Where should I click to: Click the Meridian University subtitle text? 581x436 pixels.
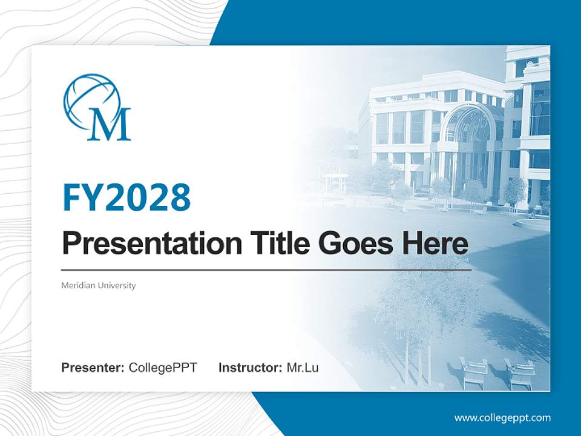point(99,285)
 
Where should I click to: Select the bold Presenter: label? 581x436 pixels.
point(93,368)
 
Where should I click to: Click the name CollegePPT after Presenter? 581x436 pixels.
point(163,368)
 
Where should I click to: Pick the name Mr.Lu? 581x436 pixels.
point(303,368)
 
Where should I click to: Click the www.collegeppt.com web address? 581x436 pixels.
point(502,418)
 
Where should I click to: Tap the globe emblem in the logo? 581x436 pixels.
point(91,97)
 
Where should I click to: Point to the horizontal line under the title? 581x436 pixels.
point(266,269)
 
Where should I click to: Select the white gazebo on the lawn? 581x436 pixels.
point(335,182)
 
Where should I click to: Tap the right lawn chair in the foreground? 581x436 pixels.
point(519,372)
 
